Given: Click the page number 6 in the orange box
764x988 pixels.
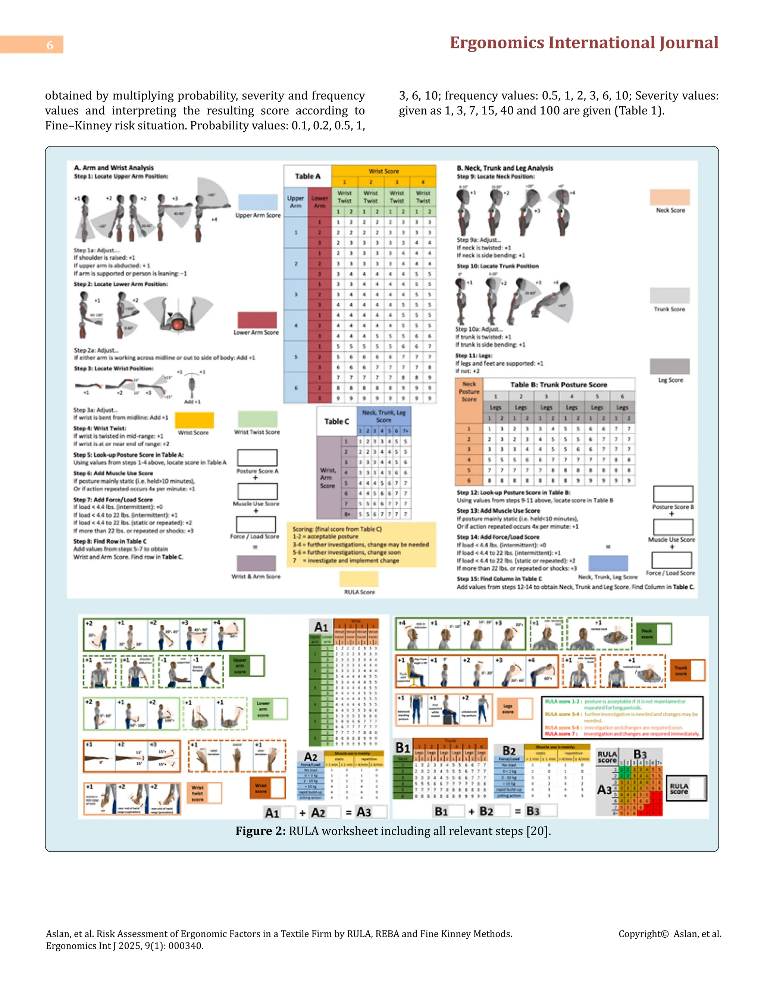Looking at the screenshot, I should point(50,45).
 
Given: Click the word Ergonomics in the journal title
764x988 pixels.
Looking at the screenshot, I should point(497,43).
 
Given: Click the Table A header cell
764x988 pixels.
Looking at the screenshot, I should point(307,176).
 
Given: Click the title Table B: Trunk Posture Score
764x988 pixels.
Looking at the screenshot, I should point(558,384).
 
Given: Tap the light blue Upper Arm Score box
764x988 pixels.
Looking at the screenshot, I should point(257,202).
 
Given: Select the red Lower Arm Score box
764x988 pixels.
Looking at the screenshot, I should point(257,320).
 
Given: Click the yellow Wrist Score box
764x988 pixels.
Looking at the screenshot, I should point(194,420).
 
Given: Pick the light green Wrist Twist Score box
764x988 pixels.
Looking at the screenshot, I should point(257,419).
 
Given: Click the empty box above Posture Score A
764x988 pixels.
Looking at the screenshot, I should point(257,458).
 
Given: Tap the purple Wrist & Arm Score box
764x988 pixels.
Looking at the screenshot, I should point(256,563).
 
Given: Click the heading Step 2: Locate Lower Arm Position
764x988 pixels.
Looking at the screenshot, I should point(121,284).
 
